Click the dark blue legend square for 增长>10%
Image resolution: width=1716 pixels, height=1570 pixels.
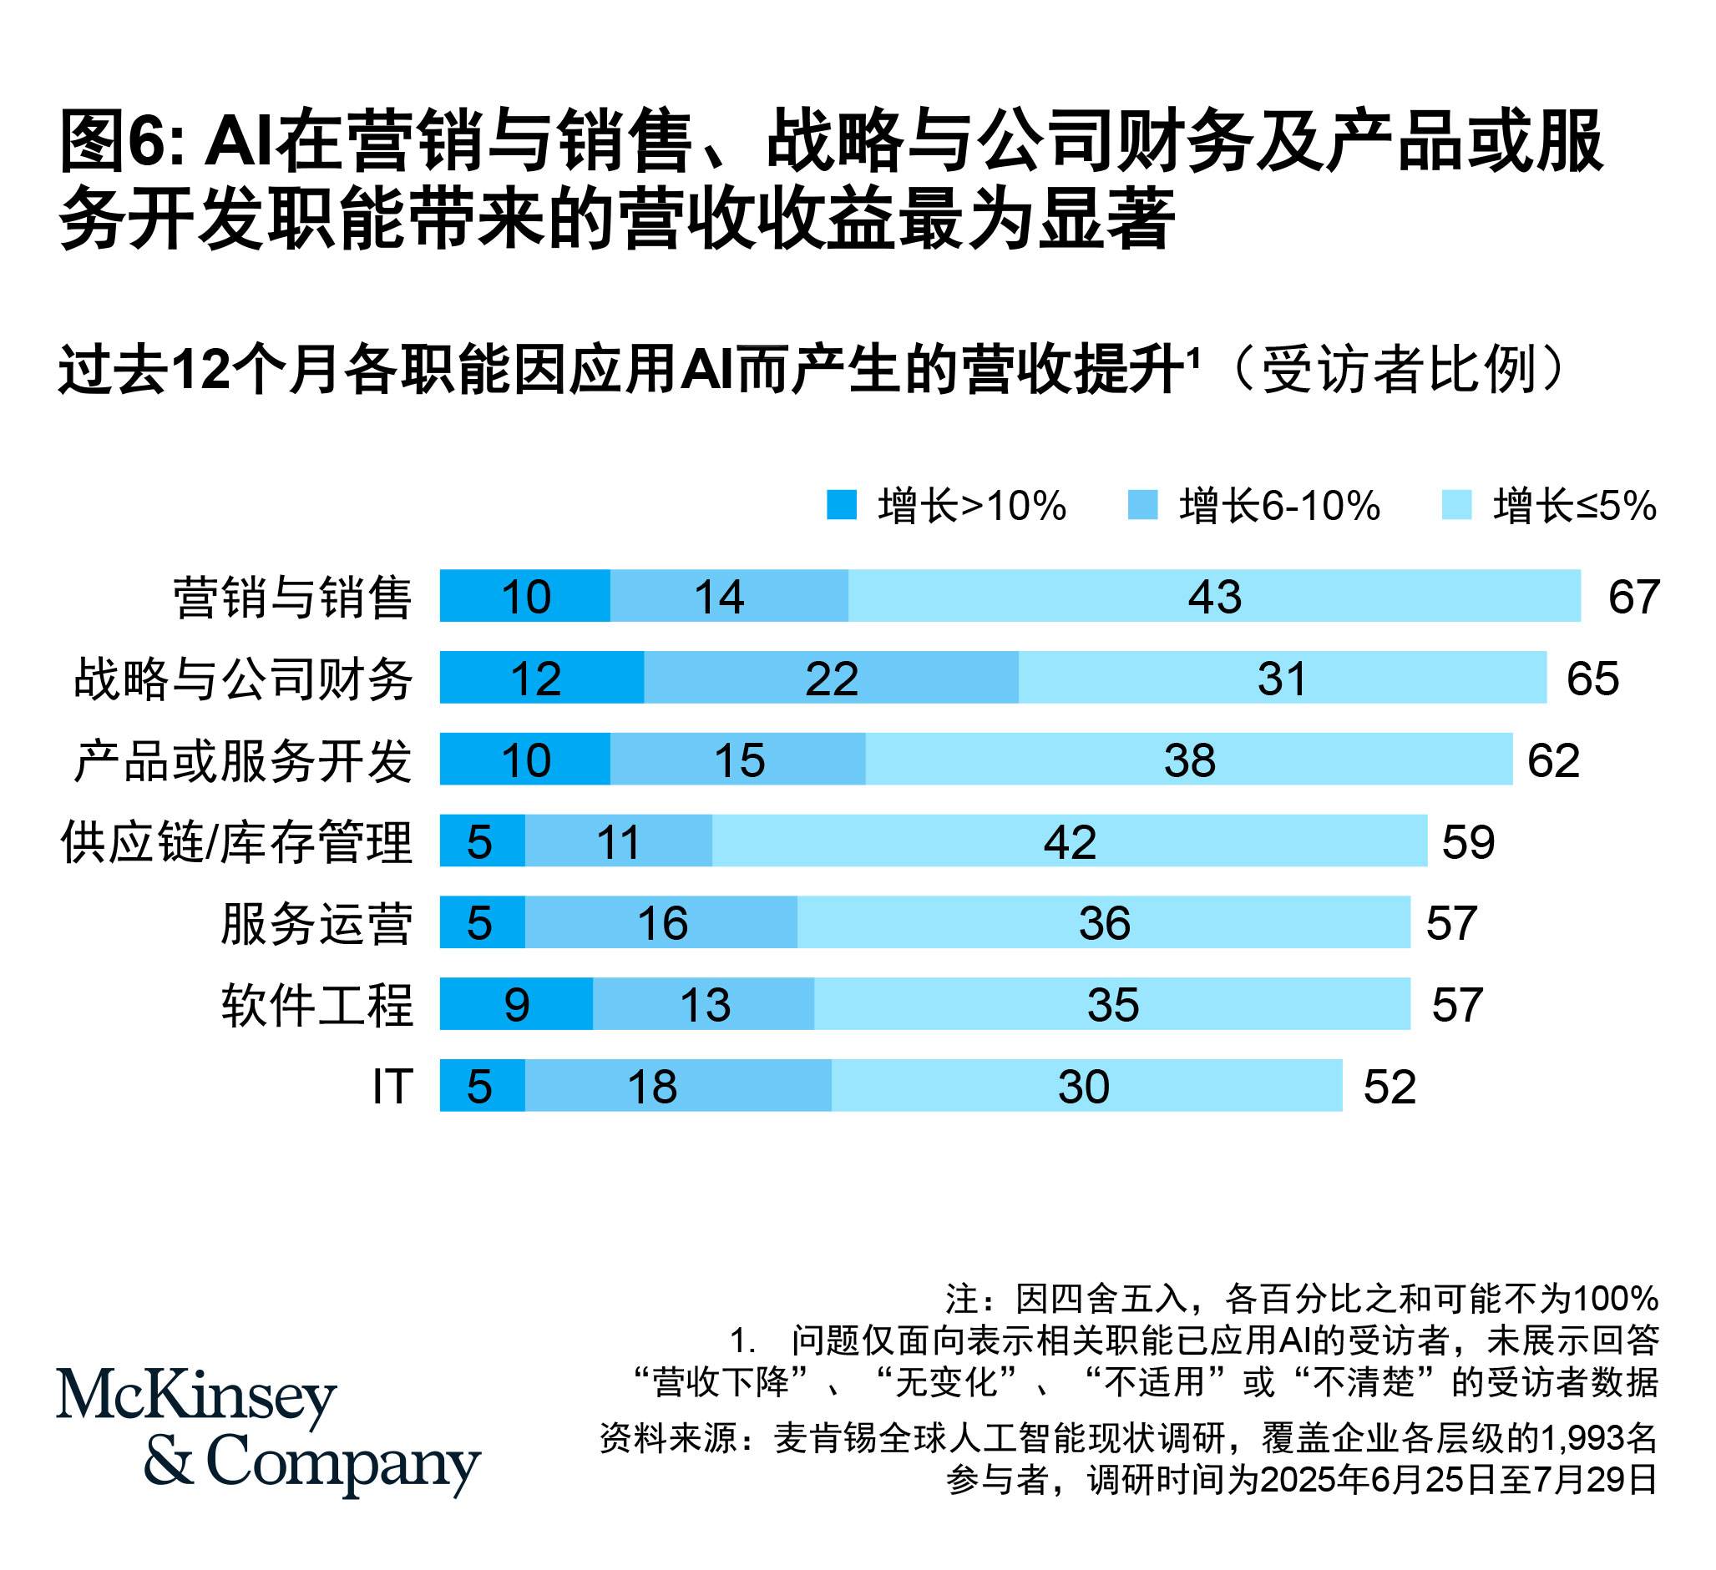tap(841, 505)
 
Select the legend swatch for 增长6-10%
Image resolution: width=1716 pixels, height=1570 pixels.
tap(1142, 505)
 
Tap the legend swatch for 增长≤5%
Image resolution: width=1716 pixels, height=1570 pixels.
tap(1456, 505)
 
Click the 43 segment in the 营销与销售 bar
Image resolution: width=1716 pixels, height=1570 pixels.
tap(1214, 596)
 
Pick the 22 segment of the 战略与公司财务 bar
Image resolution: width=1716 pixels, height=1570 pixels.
tap(831, 678)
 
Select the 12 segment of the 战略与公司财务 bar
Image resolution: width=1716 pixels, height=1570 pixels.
tap(541, 678)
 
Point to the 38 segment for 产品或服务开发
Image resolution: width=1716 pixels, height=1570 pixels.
tap(1188, 759)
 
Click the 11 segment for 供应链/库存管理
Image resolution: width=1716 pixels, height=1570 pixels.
tap(618, 841)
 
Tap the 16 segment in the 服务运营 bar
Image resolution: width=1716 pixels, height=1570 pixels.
tap(661, 922)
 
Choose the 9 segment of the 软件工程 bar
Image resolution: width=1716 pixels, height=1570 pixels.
tap(517, 1004)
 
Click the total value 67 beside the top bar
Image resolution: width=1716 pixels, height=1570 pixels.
tap(1632, 597)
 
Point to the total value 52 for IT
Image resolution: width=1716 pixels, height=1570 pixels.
tap(1390, 1087)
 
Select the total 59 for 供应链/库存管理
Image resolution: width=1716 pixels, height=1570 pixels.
tap(1467, 841)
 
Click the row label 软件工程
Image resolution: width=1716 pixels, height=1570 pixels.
tap(316, 1005)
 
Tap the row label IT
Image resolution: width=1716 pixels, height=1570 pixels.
tap(392, 1087)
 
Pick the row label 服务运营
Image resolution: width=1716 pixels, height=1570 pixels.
tap(316, 923)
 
